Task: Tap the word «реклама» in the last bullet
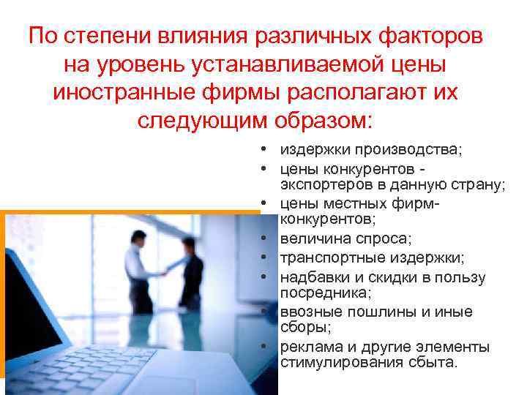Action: pos(307,347)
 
